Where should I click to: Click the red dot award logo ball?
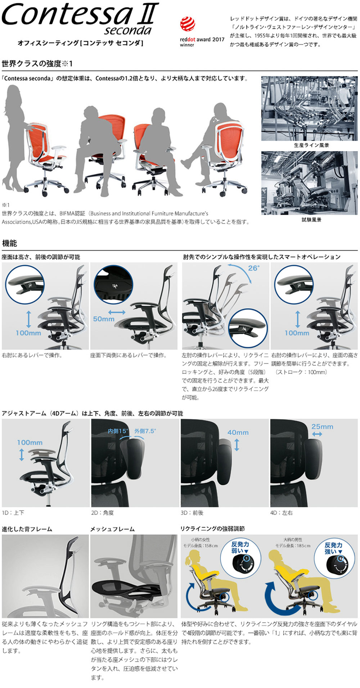click(x=188, y=24)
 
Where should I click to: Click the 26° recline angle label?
click(x=253, y=268)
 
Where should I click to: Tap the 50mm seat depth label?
click(x=103, y=319)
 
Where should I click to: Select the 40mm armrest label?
click(x=238, y=433)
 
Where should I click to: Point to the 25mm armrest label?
click(x=322, y=426)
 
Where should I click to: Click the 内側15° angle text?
click(x=118, y=431)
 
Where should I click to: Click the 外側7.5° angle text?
click(x=145, y=431)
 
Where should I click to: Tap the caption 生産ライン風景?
click(x=311, y=145)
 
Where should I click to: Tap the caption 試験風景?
click(x=311, y=219)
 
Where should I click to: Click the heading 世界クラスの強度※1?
click(x=37, y=64)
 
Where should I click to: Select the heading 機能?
click(x=9, y=243)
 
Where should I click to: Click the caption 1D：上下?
click(x=13, y=512)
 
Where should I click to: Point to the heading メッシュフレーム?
click(x=112, y=529)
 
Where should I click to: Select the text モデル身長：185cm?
click(x=293, y=546)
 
